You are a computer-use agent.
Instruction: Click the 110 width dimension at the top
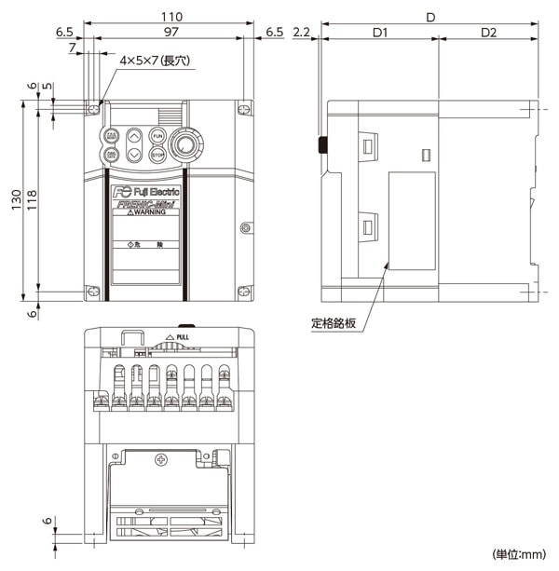[169, 17]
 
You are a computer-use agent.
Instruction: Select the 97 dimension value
[169, 33]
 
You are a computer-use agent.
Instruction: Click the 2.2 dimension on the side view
[300, 33]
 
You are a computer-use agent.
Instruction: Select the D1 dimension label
[379, 33]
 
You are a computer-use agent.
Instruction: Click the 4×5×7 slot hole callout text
[155, 61]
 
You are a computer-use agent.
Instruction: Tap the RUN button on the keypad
[157, 136]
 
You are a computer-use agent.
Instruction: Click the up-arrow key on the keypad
[134, 136]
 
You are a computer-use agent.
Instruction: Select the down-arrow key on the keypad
[134, 154]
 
